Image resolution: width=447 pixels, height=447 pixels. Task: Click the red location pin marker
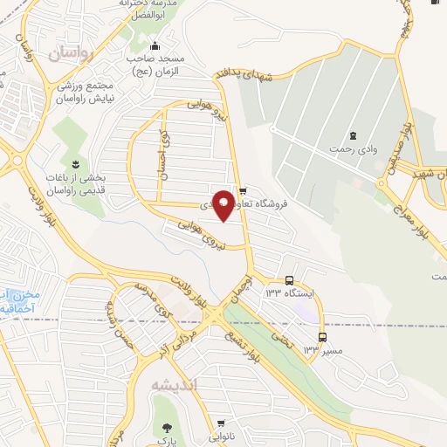point(223,204)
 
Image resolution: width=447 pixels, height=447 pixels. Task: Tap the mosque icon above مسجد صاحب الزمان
point(155,46)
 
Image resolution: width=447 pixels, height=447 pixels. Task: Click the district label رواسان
point(70,53)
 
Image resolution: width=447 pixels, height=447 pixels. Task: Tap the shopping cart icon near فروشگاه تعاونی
point(244,189)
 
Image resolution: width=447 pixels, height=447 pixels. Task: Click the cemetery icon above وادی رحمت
point(353,135)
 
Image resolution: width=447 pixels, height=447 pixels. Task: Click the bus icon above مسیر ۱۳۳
point(322,337)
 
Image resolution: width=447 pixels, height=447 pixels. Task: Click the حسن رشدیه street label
point(120,316)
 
